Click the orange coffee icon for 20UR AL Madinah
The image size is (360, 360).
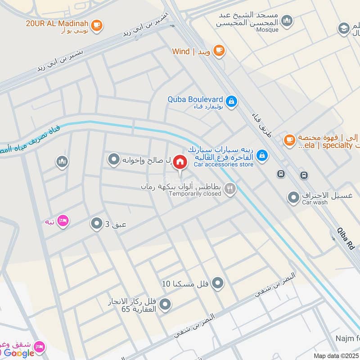(96, 26)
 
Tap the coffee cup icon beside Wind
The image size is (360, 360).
(219, 51)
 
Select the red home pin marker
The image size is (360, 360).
(180, 162)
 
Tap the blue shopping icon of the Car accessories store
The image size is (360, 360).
(261, 156)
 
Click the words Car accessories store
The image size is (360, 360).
(224, 164)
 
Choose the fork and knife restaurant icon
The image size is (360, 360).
(230, 189)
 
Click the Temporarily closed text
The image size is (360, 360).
(195, 194)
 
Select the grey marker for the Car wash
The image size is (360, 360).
(293, 197)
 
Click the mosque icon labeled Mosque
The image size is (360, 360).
(287, 21)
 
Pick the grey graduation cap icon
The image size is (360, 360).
(344, 28)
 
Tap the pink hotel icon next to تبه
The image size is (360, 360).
(63, 221)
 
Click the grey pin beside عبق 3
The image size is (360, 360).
(96, 223)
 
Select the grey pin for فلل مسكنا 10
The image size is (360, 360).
(218, 283)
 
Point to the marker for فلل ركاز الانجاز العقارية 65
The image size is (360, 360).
(165, 305)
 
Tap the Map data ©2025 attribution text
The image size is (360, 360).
(336, 356)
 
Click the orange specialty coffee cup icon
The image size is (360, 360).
(289, 140)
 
